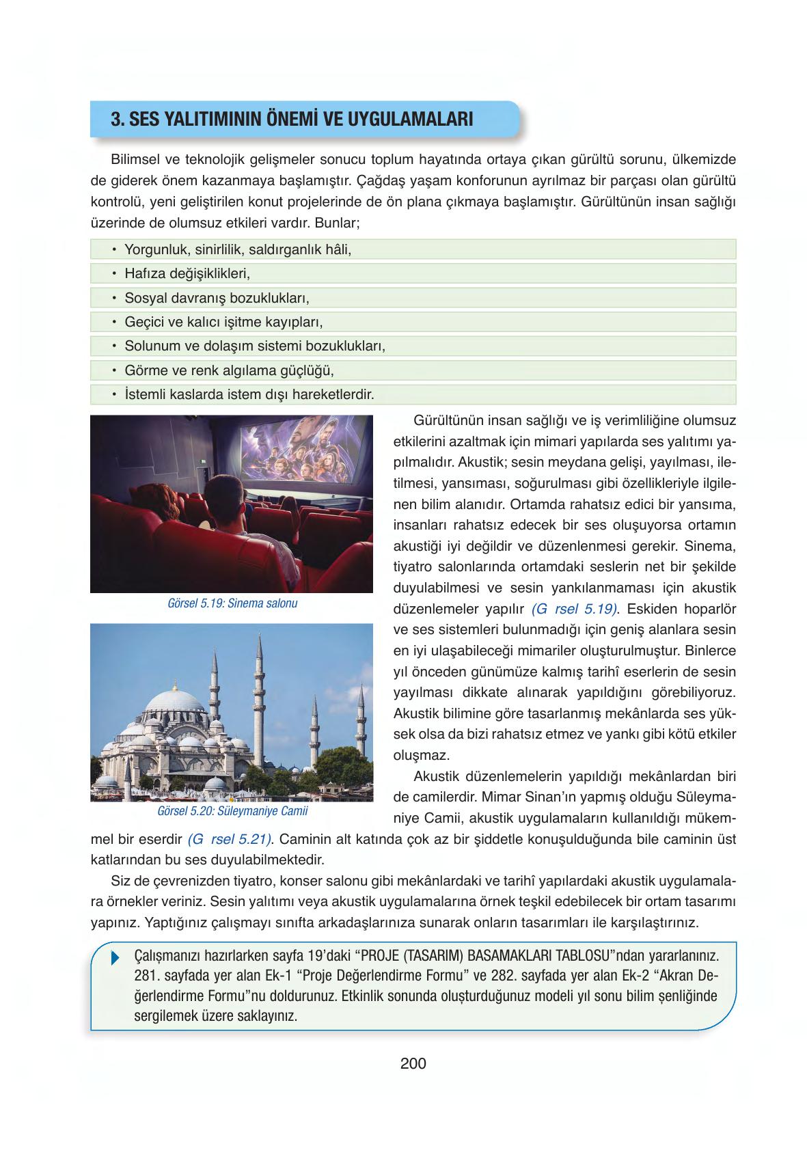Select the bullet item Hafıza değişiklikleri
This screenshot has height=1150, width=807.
point(187,274)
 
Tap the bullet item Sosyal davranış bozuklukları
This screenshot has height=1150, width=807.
point(217,299)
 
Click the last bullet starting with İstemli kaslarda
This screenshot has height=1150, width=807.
point(249,395)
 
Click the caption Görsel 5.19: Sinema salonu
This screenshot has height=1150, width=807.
point(232,604)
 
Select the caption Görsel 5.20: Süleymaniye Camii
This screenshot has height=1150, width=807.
point(232,812)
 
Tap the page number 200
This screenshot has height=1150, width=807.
point(413,1064)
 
